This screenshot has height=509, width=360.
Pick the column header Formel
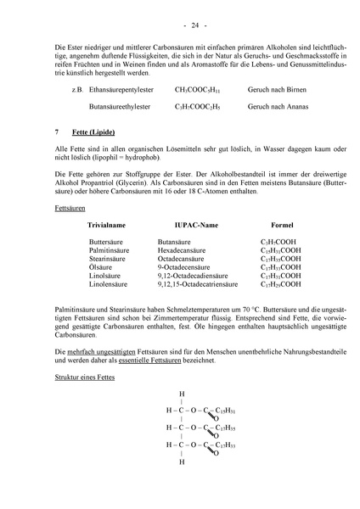pyautogui.click(x=282, y=227)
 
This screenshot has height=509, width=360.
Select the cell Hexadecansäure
pyautogui.click(x=183, y=252)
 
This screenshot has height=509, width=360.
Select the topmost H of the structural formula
pyautogui.click(x=181, y=394)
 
